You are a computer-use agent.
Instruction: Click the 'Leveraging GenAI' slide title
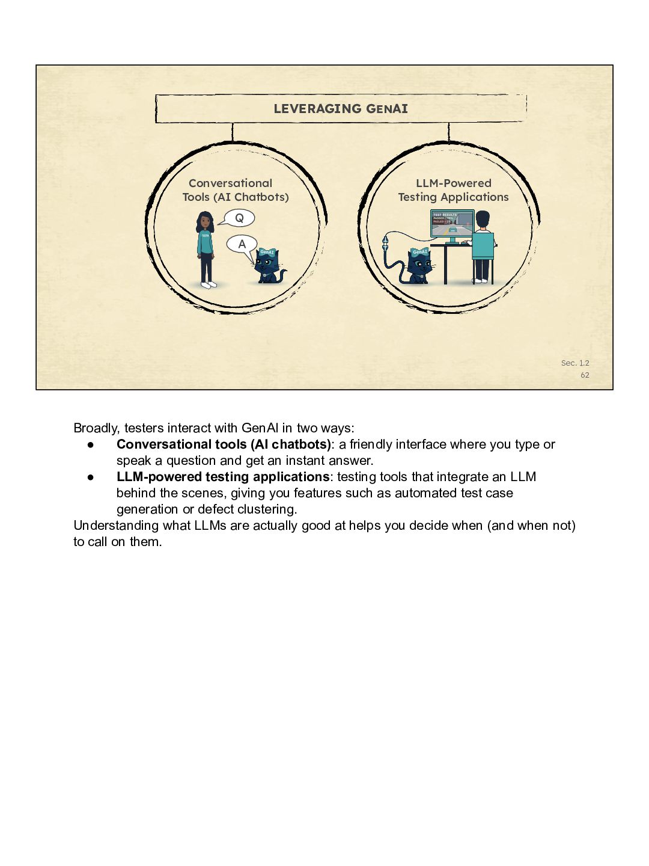pos(341,108)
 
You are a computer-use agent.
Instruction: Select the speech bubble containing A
pos(242,245)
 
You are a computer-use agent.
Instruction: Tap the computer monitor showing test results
pos(452,226)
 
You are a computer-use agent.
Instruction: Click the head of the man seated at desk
pos(483,220)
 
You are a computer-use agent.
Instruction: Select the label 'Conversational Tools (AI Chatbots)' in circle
pos(235,190)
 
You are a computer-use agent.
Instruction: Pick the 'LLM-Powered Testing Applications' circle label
pos(453,190)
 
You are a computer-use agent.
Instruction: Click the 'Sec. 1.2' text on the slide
pos(575,363)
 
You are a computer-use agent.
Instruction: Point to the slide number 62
pos(585,375)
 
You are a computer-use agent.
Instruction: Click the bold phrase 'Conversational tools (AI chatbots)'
pos(224,444)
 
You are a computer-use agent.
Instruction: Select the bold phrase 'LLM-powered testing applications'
pos(222,477)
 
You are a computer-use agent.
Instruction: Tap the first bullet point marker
pos(91,445)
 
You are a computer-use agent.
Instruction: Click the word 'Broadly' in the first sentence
pos(97,428)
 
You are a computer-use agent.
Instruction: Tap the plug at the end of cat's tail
pos(385,243)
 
